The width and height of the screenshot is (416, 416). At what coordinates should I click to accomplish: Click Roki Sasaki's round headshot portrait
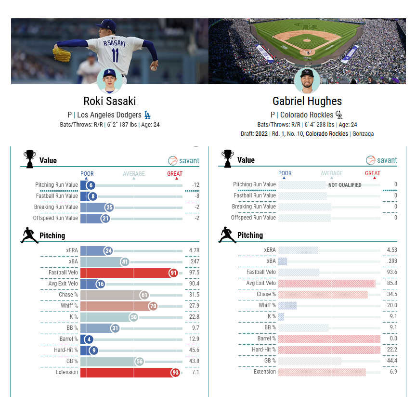click(110, 81)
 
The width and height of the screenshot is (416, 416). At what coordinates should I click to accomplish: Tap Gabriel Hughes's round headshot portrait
click(307, 81)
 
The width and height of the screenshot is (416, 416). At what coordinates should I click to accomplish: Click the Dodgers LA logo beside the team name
click(147, 115)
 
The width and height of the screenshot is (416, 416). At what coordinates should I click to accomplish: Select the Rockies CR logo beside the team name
click(339, 115)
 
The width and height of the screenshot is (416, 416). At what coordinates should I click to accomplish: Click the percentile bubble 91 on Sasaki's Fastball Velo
click(173, 273)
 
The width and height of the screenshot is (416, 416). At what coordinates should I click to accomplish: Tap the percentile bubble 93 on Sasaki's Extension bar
click(175, 373)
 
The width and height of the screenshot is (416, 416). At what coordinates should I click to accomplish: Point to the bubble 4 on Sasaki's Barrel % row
click(89, 339)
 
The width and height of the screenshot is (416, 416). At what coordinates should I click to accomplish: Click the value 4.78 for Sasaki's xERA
click(194, 250)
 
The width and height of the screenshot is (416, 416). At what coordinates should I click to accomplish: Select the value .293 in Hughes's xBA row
click(391, 261)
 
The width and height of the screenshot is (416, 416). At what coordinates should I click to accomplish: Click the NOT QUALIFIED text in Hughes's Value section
click(345, 185)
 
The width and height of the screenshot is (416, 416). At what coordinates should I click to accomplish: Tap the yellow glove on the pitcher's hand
click(62, 54)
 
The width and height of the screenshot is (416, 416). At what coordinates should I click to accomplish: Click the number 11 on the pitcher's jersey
click(116, 55)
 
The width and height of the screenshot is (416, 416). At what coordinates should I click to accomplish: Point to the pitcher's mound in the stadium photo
click(307, 40)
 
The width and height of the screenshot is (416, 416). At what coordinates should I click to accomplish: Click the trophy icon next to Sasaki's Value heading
click(30, 159)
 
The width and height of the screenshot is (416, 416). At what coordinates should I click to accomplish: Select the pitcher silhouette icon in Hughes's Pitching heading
click(227, 235)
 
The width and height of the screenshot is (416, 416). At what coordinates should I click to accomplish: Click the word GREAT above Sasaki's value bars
click(175, 174)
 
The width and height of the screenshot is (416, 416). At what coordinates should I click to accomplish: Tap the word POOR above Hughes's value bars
click(285, 173)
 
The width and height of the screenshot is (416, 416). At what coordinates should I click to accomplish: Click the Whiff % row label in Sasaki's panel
click(69, 306)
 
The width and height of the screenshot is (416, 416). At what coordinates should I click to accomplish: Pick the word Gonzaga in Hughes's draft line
click(363, 134)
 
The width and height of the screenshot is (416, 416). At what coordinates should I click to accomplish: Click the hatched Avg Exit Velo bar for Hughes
click(327, 283)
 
